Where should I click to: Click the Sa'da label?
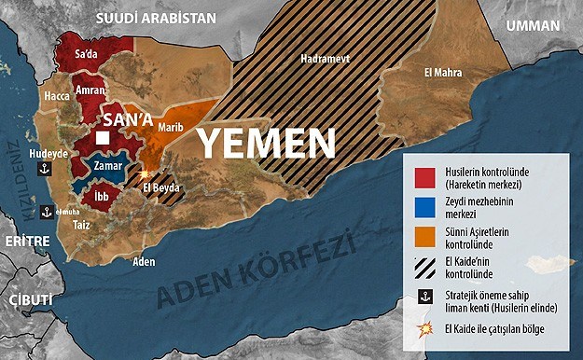point(86,55)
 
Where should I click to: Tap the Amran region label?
point(90,91)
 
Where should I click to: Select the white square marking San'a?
point(103,139)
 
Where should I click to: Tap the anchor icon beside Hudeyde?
point(42,169)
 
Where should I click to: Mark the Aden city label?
point(144,261)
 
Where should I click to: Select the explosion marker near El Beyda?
point(144,173)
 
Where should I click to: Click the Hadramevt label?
point(321,58)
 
